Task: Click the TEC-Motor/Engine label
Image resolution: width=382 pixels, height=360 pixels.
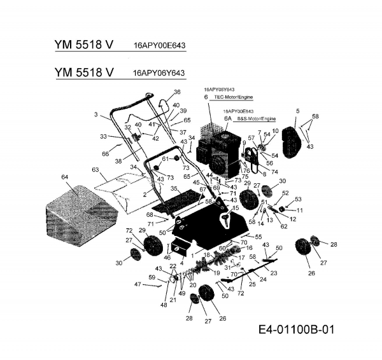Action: coord(233,97)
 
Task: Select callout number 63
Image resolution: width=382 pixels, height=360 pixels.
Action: coord(95,170)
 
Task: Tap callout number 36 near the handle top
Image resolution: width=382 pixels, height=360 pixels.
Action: coord(177,92)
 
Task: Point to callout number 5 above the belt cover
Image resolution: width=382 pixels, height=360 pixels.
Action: coord(297,111)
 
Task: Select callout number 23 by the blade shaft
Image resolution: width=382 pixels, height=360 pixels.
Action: coord(274,272)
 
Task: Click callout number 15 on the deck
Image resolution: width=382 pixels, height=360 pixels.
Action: coord(235,207)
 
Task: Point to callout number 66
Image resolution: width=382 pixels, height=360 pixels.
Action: coord(105,153)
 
